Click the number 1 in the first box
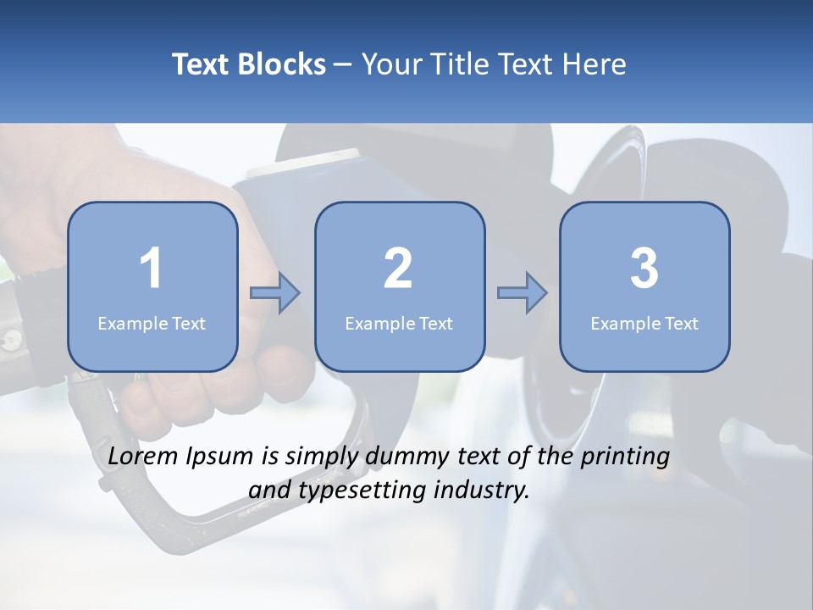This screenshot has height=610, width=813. pos(152,269)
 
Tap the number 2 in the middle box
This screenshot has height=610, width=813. pos(398,269)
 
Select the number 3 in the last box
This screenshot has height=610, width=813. pos(644,269)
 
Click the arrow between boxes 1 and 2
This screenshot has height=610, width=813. pos(275,293)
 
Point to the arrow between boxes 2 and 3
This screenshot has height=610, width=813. pos(523,293)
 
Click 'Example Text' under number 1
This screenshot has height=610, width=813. pos(152,323)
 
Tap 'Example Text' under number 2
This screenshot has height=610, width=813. pos(399,323)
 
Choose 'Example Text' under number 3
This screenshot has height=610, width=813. pos(644,323)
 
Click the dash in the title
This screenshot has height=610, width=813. pos(343,65)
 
